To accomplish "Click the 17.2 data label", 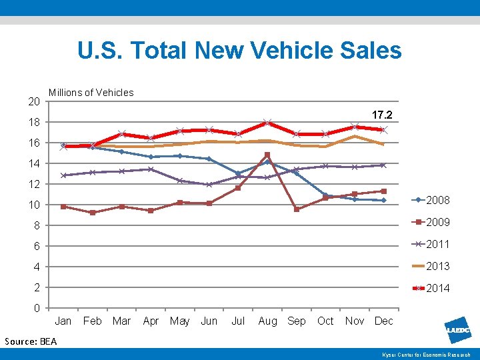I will coord(382,115).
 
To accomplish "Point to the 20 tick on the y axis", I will coord(34,101).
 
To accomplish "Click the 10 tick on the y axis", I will coord(34,205).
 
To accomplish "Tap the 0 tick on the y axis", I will coord(37,308).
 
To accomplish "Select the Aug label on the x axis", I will coord(267,321).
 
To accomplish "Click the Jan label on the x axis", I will coord(63,321).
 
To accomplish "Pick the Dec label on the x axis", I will coord(383,321).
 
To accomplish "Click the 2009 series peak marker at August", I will coord(267,155).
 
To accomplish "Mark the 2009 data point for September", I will coord(297,209).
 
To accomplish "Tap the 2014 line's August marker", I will coord(267,123).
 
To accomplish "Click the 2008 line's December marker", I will coord(383,200).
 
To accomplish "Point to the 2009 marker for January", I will coord(63,207).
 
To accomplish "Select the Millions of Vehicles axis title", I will coord(91,93).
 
